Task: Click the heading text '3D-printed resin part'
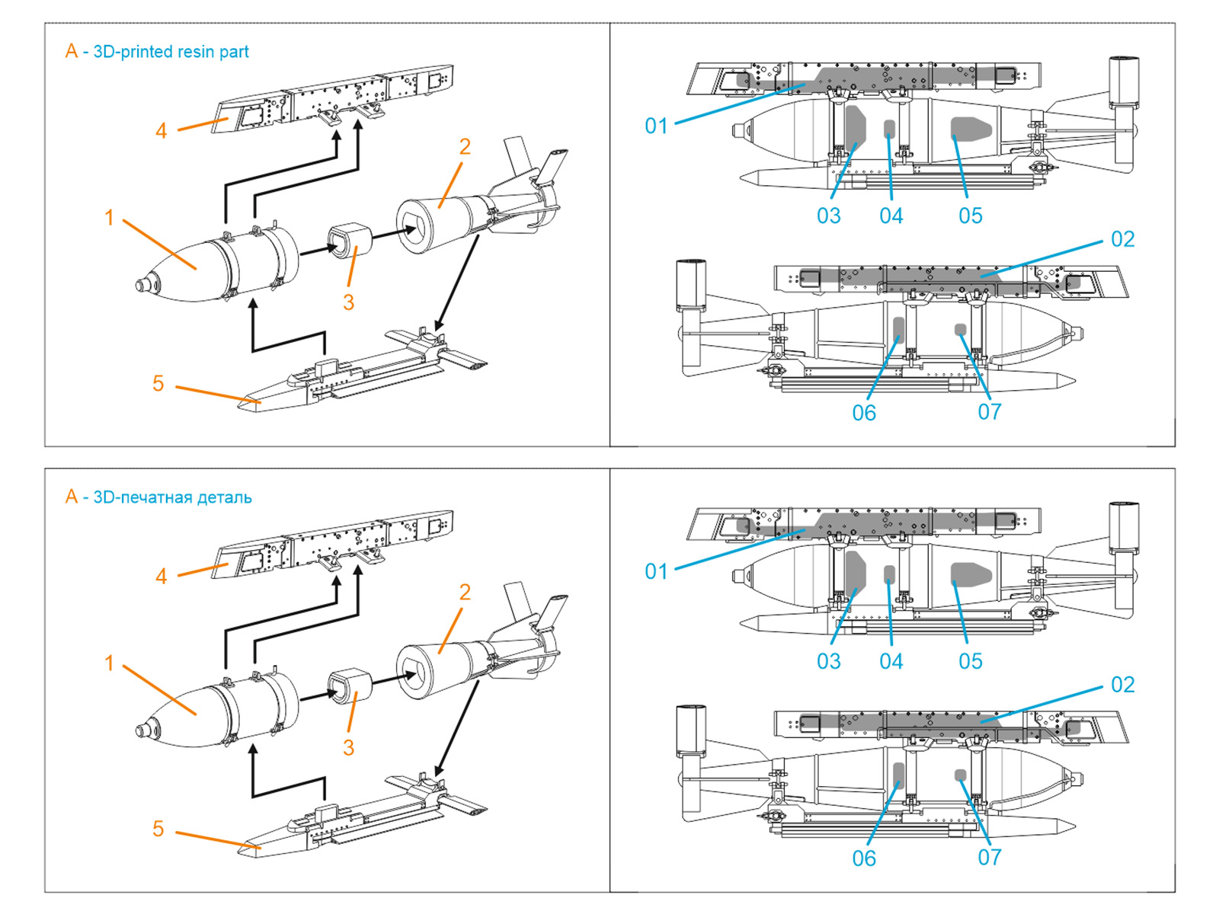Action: pos(171,52)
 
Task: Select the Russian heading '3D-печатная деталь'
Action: pos(172,497)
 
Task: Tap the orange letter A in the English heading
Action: pos(72,51)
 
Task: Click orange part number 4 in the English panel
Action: pos(161,131)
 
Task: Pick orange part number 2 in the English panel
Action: pos(465,146)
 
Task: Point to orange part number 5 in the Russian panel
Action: pos(158,829)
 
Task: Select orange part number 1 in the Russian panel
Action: pos(109,663)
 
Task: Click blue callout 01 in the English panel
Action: pos(656,126)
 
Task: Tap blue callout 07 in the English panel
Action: pos(989,412)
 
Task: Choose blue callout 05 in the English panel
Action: pos(970,216)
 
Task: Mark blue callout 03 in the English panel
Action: pos(828,216)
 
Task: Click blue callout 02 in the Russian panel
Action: pos(1122,685)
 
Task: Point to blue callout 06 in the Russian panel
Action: pos(864,858)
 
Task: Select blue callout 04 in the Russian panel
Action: pos(891,661)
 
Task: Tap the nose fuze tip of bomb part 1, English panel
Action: pos(142,285)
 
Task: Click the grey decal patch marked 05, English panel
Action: pos(973,127)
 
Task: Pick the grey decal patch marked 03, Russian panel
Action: pos(855,570)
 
